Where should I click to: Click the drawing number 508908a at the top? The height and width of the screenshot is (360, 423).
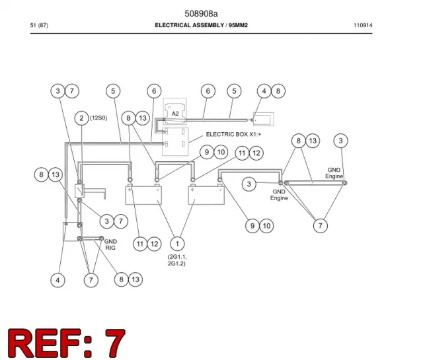(x=201, y=13)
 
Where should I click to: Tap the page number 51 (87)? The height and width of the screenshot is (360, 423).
(x=39, y=25)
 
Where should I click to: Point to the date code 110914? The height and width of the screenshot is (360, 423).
(x=363, y=25)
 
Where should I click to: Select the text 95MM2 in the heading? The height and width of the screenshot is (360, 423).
(x=238, y=25)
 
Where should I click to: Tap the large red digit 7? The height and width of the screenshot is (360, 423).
(x=115, y=343)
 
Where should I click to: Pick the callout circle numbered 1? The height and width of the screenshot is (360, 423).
(x=177, y=244)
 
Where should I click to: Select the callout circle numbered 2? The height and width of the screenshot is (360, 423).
(x=81, y=118)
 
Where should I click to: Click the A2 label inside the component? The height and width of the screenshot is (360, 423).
(x=175, y=114)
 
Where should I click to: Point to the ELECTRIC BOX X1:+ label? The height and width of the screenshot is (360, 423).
(x=233, y=134)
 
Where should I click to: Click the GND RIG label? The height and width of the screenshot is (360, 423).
(x=110, y=244)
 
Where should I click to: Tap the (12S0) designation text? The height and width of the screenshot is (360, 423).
(x=98, y=118)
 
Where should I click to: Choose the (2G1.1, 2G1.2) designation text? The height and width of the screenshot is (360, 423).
(x=177, y=260)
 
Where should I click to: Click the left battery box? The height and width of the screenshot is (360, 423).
(x=144, y=195)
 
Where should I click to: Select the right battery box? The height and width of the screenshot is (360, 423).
(x=206, y=195)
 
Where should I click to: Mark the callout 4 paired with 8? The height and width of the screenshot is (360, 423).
(x=264, y=91)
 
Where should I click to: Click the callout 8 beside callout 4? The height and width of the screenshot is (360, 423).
(x=278, y=91)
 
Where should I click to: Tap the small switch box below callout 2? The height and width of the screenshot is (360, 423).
(x=79, y=191)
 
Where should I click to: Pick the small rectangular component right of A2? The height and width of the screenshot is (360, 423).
(x=263, y=119)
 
